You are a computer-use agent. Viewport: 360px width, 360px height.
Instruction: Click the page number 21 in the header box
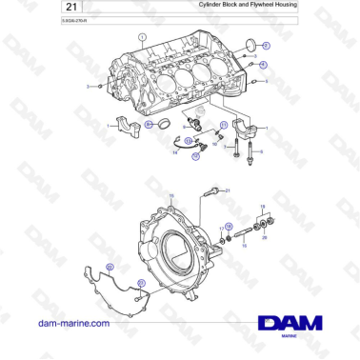coord(21,9)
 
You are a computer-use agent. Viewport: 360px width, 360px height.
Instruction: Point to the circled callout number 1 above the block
coord(141,37)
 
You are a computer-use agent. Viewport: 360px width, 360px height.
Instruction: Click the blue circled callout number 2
coord(266,46)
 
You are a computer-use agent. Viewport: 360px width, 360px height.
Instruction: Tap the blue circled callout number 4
coord(264,66)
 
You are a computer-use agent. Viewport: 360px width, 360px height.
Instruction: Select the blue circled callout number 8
coord(149,125)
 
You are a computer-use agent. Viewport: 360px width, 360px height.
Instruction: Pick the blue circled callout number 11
coord(224,125)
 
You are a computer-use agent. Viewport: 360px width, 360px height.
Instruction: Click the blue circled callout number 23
coord(140,283)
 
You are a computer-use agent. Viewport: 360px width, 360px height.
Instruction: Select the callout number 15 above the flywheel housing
coord(171,196)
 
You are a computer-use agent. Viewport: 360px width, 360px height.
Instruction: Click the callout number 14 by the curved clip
coord(174,152)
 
